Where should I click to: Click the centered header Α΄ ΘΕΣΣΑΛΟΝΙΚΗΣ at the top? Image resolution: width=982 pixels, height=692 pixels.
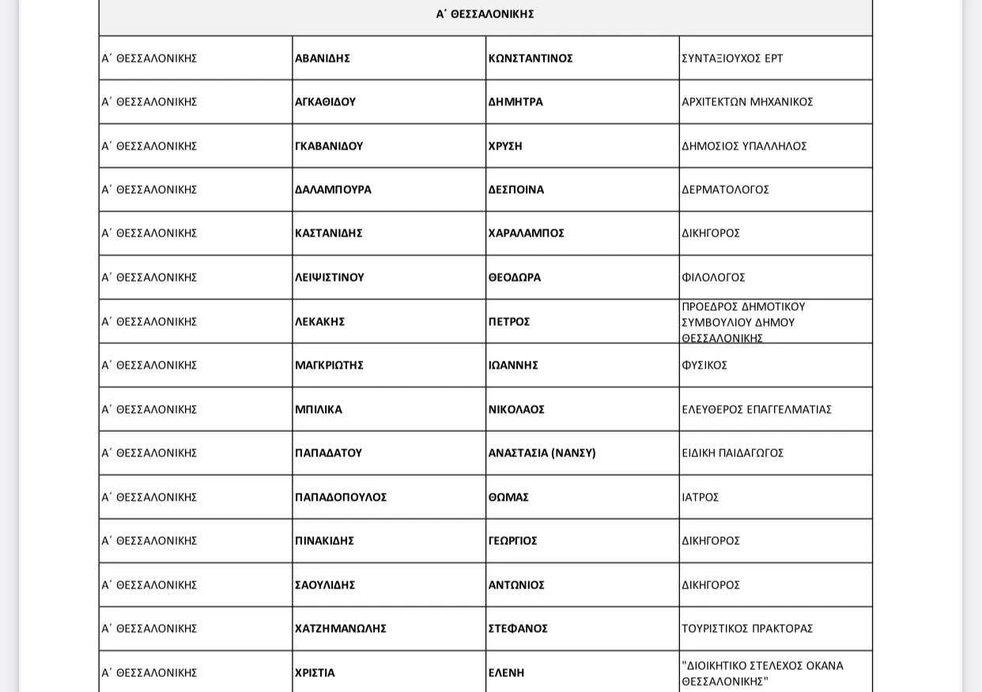click(485, 14)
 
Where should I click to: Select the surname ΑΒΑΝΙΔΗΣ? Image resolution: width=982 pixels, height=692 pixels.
click(323, 59)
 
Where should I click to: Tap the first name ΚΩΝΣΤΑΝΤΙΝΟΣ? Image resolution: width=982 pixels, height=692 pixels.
click(531, 59)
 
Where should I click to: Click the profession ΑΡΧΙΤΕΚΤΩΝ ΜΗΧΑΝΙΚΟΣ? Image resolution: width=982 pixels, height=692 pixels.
click(747, 102)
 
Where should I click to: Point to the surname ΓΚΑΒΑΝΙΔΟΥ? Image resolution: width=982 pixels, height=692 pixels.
click(329, 146)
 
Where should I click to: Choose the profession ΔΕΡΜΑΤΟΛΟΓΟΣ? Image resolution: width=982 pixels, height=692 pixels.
click(725, 190)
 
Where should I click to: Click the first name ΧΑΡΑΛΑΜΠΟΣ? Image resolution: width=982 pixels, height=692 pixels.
click(527, 233)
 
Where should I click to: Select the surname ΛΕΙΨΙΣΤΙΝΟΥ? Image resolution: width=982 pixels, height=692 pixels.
click(330, 278)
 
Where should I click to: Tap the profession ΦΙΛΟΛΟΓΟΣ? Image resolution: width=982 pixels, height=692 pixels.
click(713, 278)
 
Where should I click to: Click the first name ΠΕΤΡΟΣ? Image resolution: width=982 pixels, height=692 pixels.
click(509, 322)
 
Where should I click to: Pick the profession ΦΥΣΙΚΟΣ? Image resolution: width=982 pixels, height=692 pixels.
click(704, 365)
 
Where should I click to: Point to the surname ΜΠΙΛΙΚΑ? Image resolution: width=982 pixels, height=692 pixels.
click(319, 410)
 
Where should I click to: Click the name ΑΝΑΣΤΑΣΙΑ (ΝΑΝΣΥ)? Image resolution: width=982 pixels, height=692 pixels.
click(542, 453)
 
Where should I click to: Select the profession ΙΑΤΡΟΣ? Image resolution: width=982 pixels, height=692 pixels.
click(701, 497)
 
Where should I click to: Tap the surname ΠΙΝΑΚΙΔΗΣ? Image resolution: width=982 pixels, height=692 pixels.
click(324, 541)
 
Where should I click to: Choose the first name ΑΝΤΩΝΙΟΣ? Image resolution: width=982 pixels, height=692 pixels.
click(516, 585)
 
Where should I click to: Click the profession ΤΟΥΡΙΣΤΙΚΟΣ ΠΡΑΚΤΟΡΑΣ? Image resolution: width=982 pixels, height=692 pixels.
click(747, 629)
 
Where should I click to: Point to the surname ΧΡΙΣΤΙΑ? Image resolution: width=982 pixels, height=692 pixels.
click(315, 673)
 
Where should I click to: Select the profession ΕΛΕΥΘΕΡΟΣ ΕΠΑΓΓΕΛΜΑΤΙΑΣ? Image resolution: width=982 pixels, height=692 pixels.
click(757, 410)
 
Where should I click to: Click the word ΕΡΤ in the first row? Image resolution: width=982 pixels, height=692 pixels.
click(774, 59)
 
